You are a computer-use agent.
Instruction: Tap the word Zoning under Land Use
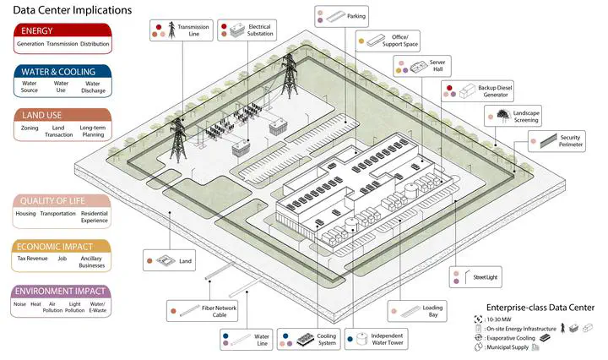(30, 128)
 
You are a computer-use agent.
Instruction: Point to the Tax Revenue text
(33, 259)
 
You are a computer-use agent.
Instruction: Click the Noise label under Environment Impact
(19, 304)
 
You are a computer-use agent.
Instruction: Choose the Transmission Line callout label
(193, 30)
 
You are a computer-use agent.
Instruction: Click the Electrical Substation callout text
(260, 30)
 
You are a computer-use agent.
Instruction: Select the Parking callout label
(356, 16)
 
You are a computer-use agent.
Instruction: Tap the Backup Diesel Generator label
(495, 91)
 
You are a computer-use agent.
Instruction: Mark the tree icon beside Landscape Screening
(503, 115)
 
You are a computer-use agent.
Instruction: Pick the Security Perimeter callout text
(570, 141)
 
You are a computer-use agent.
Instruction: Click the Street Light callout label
(485, 277)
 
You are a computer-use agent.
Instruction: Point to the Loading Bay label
(432, 311)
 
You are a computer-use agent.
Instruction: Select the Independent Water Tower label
(387, 339)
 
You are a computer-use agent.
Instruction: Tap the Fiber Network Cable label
(219, 312)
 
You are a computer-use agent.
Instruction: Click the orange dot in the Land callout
(149, 261)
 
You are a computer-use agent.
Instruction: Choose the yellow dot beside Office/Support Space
(361, 41)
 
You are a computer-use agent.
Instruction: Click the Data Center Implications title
(73, 10)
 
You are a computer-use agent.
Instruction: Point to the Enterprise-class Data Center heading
(540, 308)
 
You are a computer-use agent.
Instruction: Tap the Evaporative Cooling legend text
(511, 338)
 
